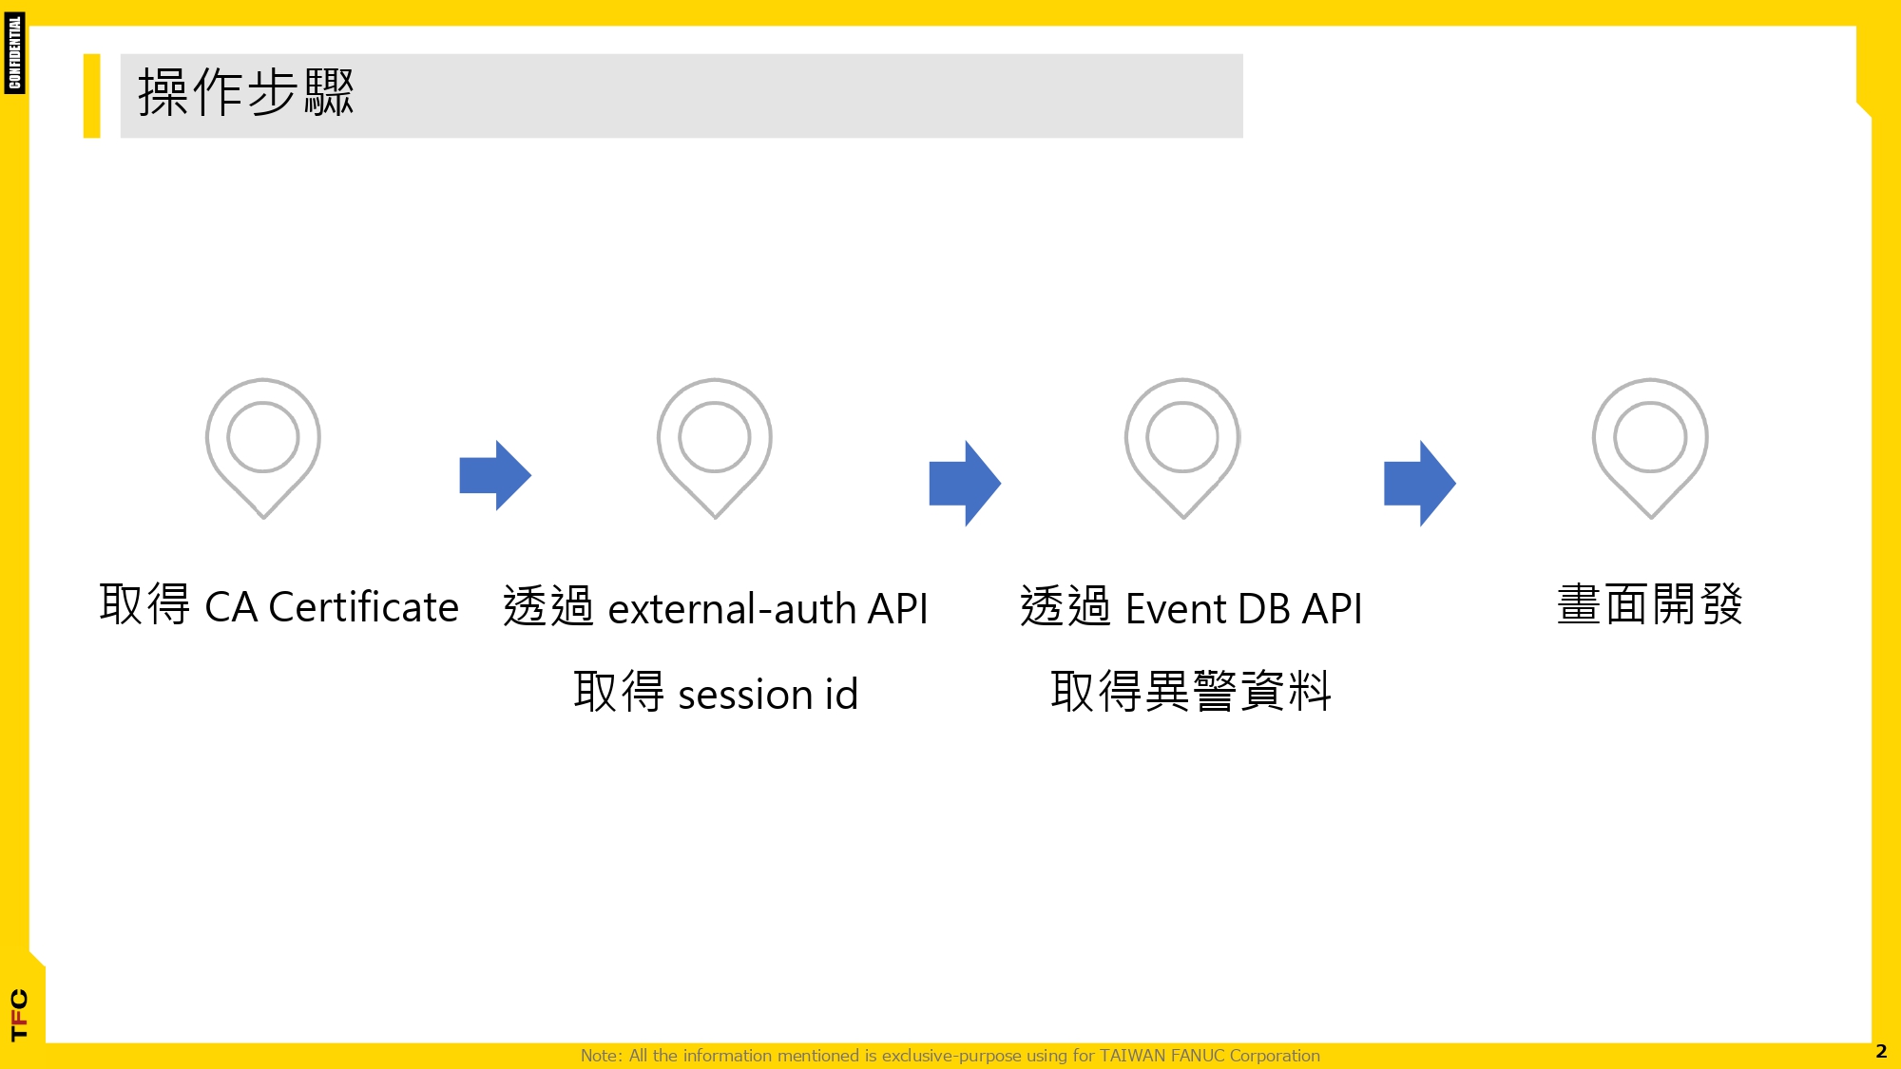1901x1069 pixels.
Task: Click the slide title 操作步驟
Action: click(x=246, y=93)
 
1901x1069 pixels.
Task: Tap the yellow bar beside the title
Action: click(x=91, y=96)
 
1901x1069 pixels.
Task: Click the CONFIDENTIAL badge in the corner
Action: click(x=14, y=53)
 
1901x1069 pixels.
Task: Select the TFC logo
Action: click(x=19, y=1015)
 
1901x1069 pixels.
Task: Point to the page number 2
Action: click(x=1881, y=1052)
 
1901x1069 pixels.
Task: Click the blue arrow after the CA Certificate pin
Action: click(x=495, y=475)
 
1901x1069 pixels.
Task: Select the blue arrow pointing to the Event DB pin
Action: click(x=965, y=483)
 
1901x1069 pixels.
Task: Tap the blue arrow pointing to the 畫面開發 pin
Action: click(x=1420, y=483)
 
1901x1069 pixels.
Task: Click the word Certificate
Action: click(x=364, y=607)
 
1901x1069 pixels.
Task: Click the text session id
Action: click(x=768, y=694)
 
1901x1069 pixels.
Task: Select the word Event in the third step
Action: click(x=1177, y=609)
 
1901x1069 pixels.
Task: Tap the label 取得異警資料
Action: click(x=1191, y=691)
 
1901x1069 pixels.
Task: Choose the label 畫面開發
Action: click(x=1650, y=604)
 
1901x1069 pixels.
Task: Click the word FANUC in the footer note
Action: click(x=1198, y=1056)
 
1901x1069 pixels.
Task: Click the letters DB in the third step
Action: click(x=1266, y=609)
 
